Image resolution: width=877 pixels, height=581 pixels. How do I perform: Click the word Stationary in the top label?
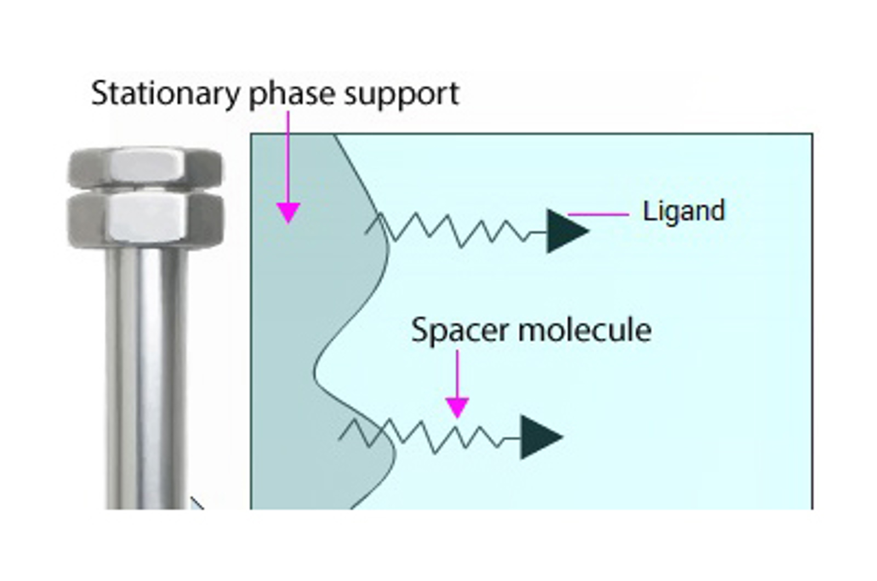click(164, 94)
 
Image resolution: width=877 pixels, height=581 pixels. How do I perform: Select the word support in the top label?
click(401, 94)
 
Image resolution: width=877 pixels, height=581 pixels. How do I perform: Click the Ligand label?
click(683, 211)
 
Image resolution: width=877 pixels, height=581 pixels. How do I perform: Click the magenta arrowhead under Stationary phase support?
click(288, 212)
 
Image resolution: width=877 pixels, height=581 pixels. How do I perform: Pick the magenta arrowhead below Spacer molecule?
click(457, 407)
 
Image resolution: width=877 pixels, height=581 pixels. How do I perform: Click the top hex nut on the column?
click(146, 168)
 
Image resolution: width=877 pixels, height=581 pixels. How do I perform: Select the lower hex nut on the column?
click(146, 219)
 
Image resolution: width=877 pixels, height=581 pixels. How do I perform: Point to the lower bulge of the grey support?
click(373, 460)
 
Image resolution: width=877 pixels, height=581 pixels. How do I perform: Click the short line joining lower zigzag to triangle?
click(511, 438)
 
